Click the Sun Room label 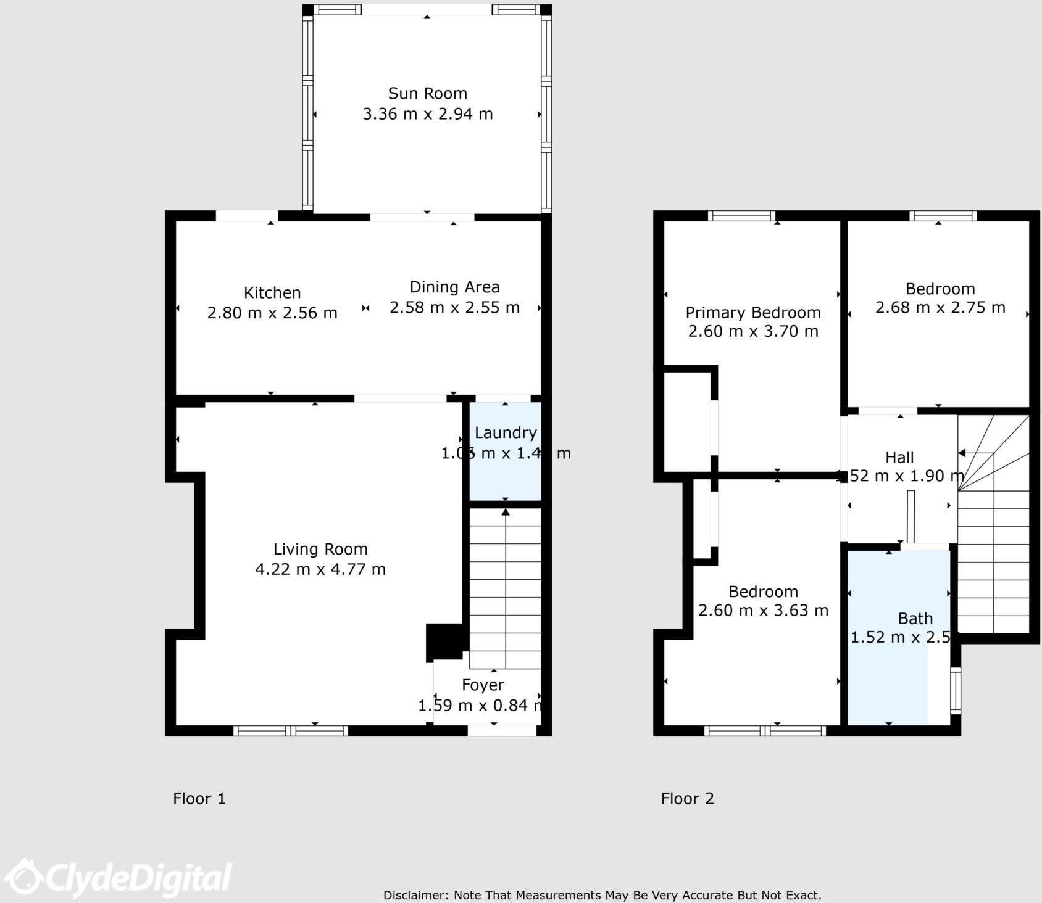pyautogui.click(x=427, y=94)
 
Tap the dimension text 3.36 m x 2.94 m pyautogui.click(x=427, y=114)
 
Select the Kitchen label pyautogui.click(x=272, y=292)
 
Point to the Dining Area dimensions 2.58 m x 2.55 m pyautogui.click(x=454, y=307)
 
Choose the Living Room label pyautogui.click(x=320, y=549)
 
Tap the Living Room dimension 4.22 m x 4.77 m pyautogui.click(x=320, y=569)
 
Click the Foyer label pyautogui.click(x=483, y=685)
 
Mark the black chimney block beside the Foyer pyautogui.click(x=444, y=642)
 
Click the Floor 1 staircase pyautogui.click(x=505, y=586)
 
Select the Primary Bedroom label pyautogui.click(x=753, y=313)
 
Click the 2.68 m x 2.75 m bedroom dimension pyautogui.click(x=940, y=307)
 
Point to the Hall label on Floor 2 pyautogui.click(x=899, y=458)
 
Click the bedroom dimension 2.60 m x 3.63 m pyautogui.click(x=763, y=611)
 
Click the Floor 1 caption pyautogui.click(x=199, y=799)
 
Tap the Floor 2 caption pyautogui.click(x=687, y=799)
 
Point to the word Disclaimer pyautogui.click(x=415, y=895)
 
